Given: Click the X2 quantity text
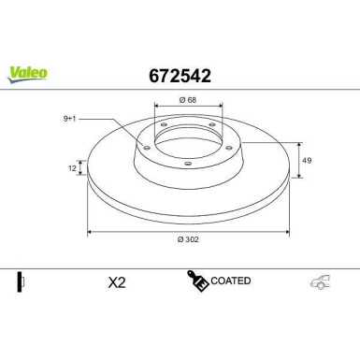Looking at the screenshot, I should (x=118, y=281).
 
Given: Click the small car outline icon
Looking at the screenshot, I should (x=321, y=281).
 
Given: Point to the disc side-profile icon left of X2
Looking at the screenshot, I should (x=20, y=281).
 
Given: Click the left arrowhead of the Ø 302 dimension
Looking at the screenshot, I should (x=90, y=232).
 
